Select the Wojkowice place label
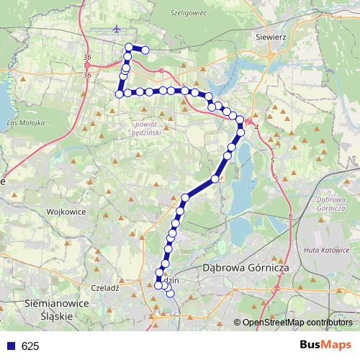(x=66, y=212)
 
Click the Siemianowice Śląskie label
(x=57, y=310)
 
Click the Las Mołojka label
(x=25, y=124)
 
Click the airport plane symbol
(x=117, y=30)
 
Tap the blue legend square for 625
(x=9, y=346)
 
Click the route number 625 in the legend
(x=30, y=346)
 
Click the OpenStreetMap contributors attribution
(x=297, y=322)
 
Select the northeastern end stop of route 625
(x=145, y=50)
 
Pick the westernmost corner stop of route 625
(x=120, y=93)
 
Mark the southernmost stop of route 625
(x=171, y=293)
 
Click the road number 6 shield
(x=289, y=215)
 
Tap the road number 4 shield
(x=256, y=127)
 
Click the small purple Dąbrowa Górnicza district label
(x=331, y=203)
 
